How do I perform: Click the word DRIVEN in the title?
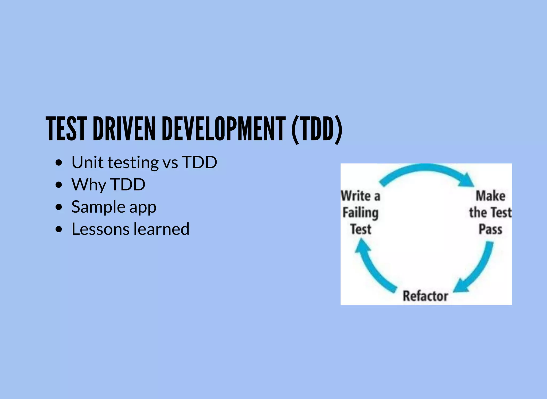[x=124, y=129]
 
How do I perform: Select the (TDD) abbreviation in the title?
[x=317, y=130]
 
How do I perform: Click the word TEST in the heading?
[x=67, y=129]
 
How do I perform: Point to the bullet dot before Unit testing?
[x=59, y=163]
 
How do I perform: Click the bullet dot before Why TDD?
[x=59, y=185]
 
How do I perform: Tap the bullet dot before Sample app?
[x=59, y=207]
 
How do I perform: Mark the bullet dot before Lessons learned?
[x=59, y=229]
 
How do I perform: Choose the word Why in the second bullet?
[x=89, y=185]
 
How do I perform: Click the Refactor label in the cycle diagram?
[x=425, y=296]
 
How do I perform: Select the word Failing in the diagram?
[x=361, y=213]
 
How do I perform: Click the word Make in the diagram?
[x=491, y=196]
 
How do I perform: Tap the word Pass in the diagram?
[x=490, y=229]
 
